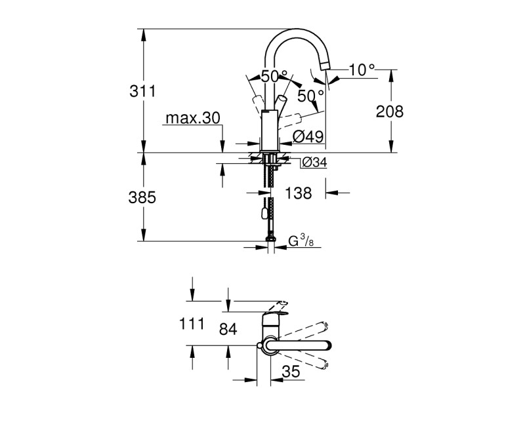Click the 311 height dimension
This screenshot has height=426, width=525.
click(143, 91)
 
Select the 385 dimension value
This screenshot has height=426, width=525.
click(143, 197)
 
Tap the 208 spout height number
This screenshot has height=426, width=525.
click(389, 111)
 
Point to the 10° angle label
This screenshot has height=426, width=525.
click(362, 69)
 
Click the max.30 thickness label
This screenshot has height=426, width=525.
click(192, 118)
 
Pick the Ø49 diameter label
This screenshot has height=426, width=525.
click(306, 136)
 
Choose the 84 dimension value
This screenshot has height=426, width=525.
click(227, 330)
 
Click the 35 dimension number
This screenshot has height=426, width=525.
click(291, 372)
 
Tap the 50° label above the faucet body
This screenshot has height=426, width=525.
click(274, 76)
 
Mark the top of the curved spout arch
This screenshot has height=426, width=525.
click(296, 31)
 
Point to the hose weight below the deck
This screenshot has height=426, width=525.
click(264, 211)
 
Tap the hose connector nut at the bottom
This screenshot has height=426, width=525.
click(270, 240)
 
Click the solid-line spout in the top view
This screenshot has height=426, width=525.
click(302, 347)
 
